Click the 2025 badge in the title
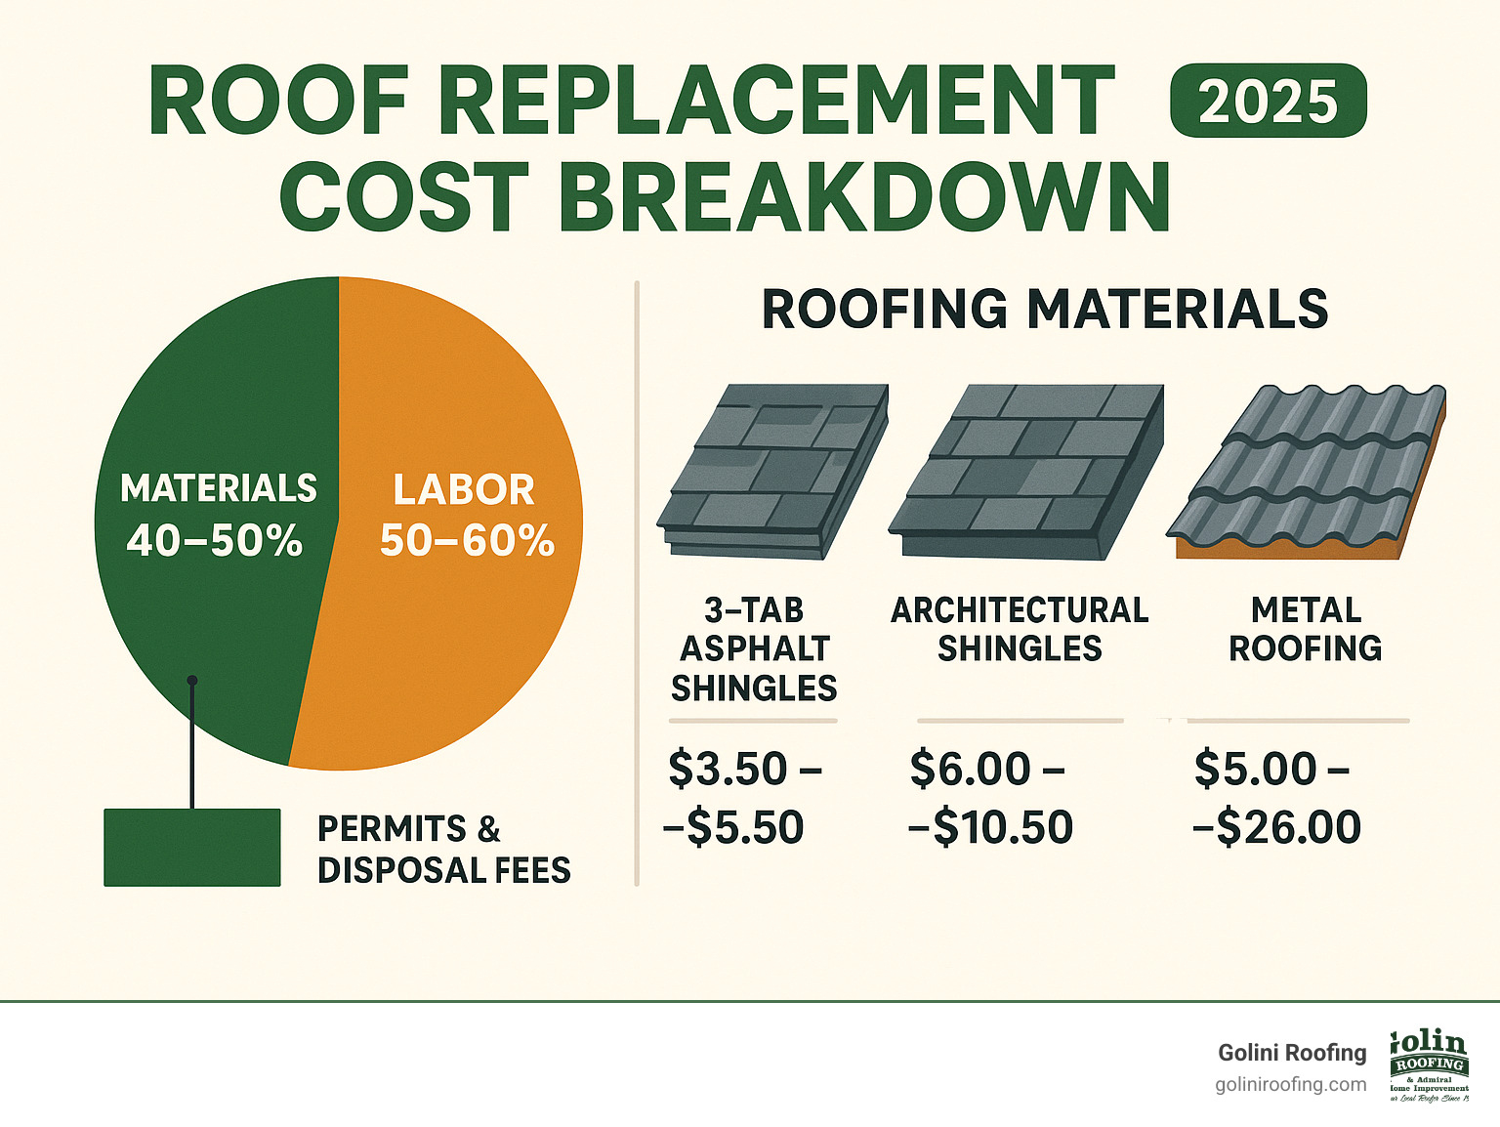click(1268, 101)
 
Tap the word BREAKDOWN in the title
click(863, 197)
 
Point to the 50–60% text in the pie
click(467, 541)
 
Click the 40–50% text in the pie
click(215, 541)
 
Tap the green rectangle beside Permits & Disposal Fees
click(191, 848)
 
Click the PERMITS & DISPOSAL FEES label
click(443, 850)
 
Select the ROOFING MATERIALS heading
click(1044, 310)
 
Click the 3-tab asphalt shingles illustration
click(771, 471)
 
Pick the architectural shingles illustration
click(1025, 471)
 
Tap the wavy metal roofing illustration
click(1307, 471)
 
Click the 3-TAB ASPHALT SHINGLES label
click(753, 648)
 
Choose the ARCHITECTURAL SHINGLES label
click(1020, 629)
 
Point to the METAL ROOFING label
click(1306, 629)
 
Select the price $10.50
click(1002, 828)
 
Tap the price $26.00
click(1287, 828)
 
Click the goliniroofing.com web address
click(1291, 1085)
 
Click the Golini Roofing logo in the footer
click(1429, 1065)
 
